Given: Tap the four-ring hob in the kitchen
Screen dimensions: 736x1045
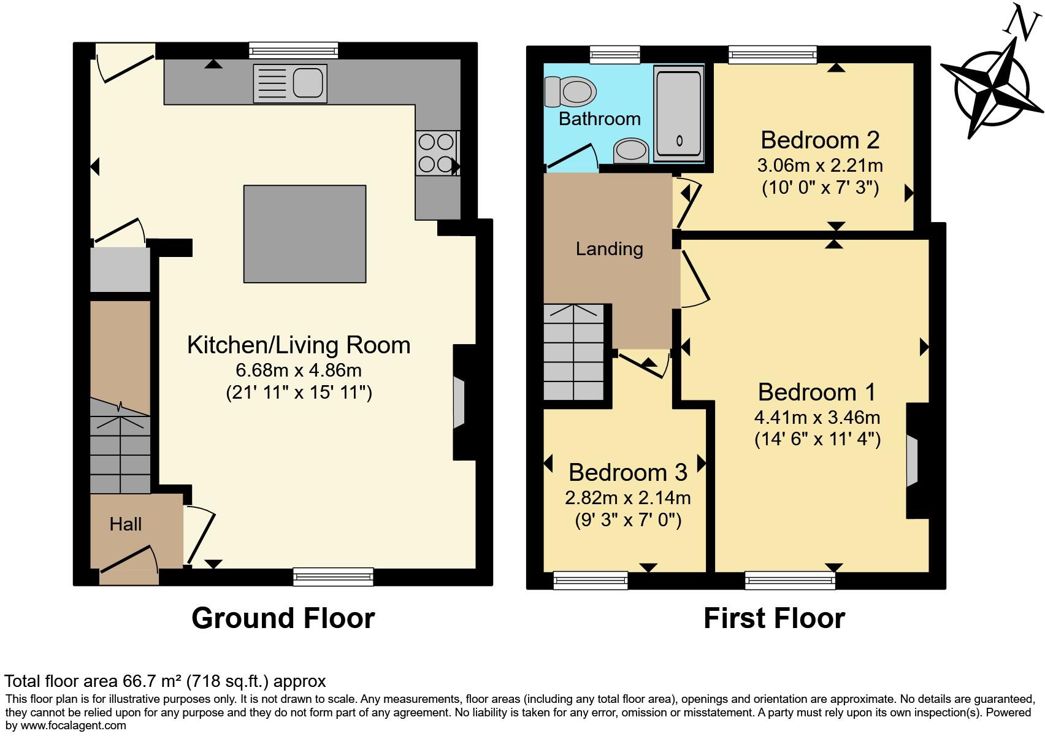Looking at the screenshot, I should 436,153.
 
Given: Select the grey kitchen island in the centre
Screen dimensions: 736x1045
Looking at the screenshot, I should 305,234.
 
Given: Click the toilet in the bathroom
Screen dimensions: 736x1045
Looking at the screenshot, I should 572,92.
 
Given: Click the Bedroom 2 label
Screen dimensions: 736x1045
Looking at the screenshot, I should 820,140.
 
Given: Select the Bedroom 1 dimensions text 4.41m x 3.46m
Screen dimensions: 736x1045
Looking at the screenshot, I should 817,418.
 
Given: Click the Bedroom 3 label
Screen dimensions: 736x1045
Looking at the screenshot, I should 627,472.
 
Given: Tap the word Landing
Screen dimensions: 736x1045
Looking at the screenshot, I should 609,249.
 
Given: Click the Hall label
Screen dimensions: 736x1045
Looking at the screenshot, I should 126,524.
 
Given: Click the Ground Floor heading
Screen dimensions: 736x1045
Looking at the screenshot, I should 283,618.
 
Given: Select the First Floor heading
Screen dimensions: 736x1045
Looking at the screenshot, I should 774,618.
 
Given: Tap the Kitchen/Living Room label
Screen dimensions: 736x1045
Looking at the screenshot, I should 299,345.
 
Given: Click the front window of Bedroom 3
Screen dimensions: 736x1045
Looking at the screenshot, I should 590,580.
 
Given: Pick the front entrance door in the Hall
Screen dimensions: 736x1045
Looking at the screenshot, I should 129,561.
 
